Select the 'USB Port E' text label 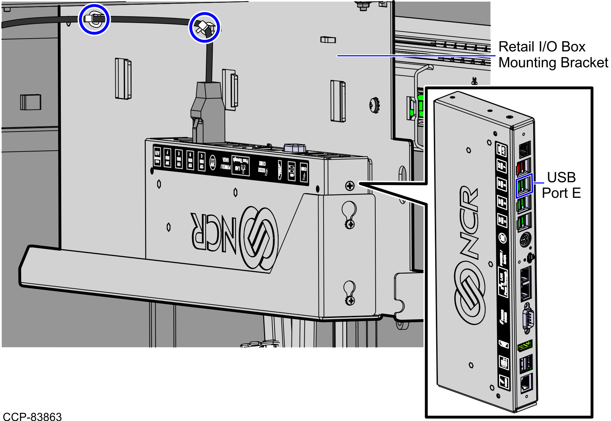[561, 185]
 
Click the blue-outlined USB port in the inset [524, 186]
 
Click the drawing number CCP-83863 [32, 416]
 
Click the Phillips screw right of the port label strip [350, 186]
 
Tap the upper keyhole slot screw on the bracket [350, 224]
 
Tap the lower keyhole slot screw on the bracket [350, 300]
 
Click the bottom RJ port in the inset [526, 383]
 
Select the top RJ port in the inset [524, 149]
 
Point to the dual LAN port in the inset [525, 283]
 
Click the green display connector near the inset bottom [525, 346]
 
